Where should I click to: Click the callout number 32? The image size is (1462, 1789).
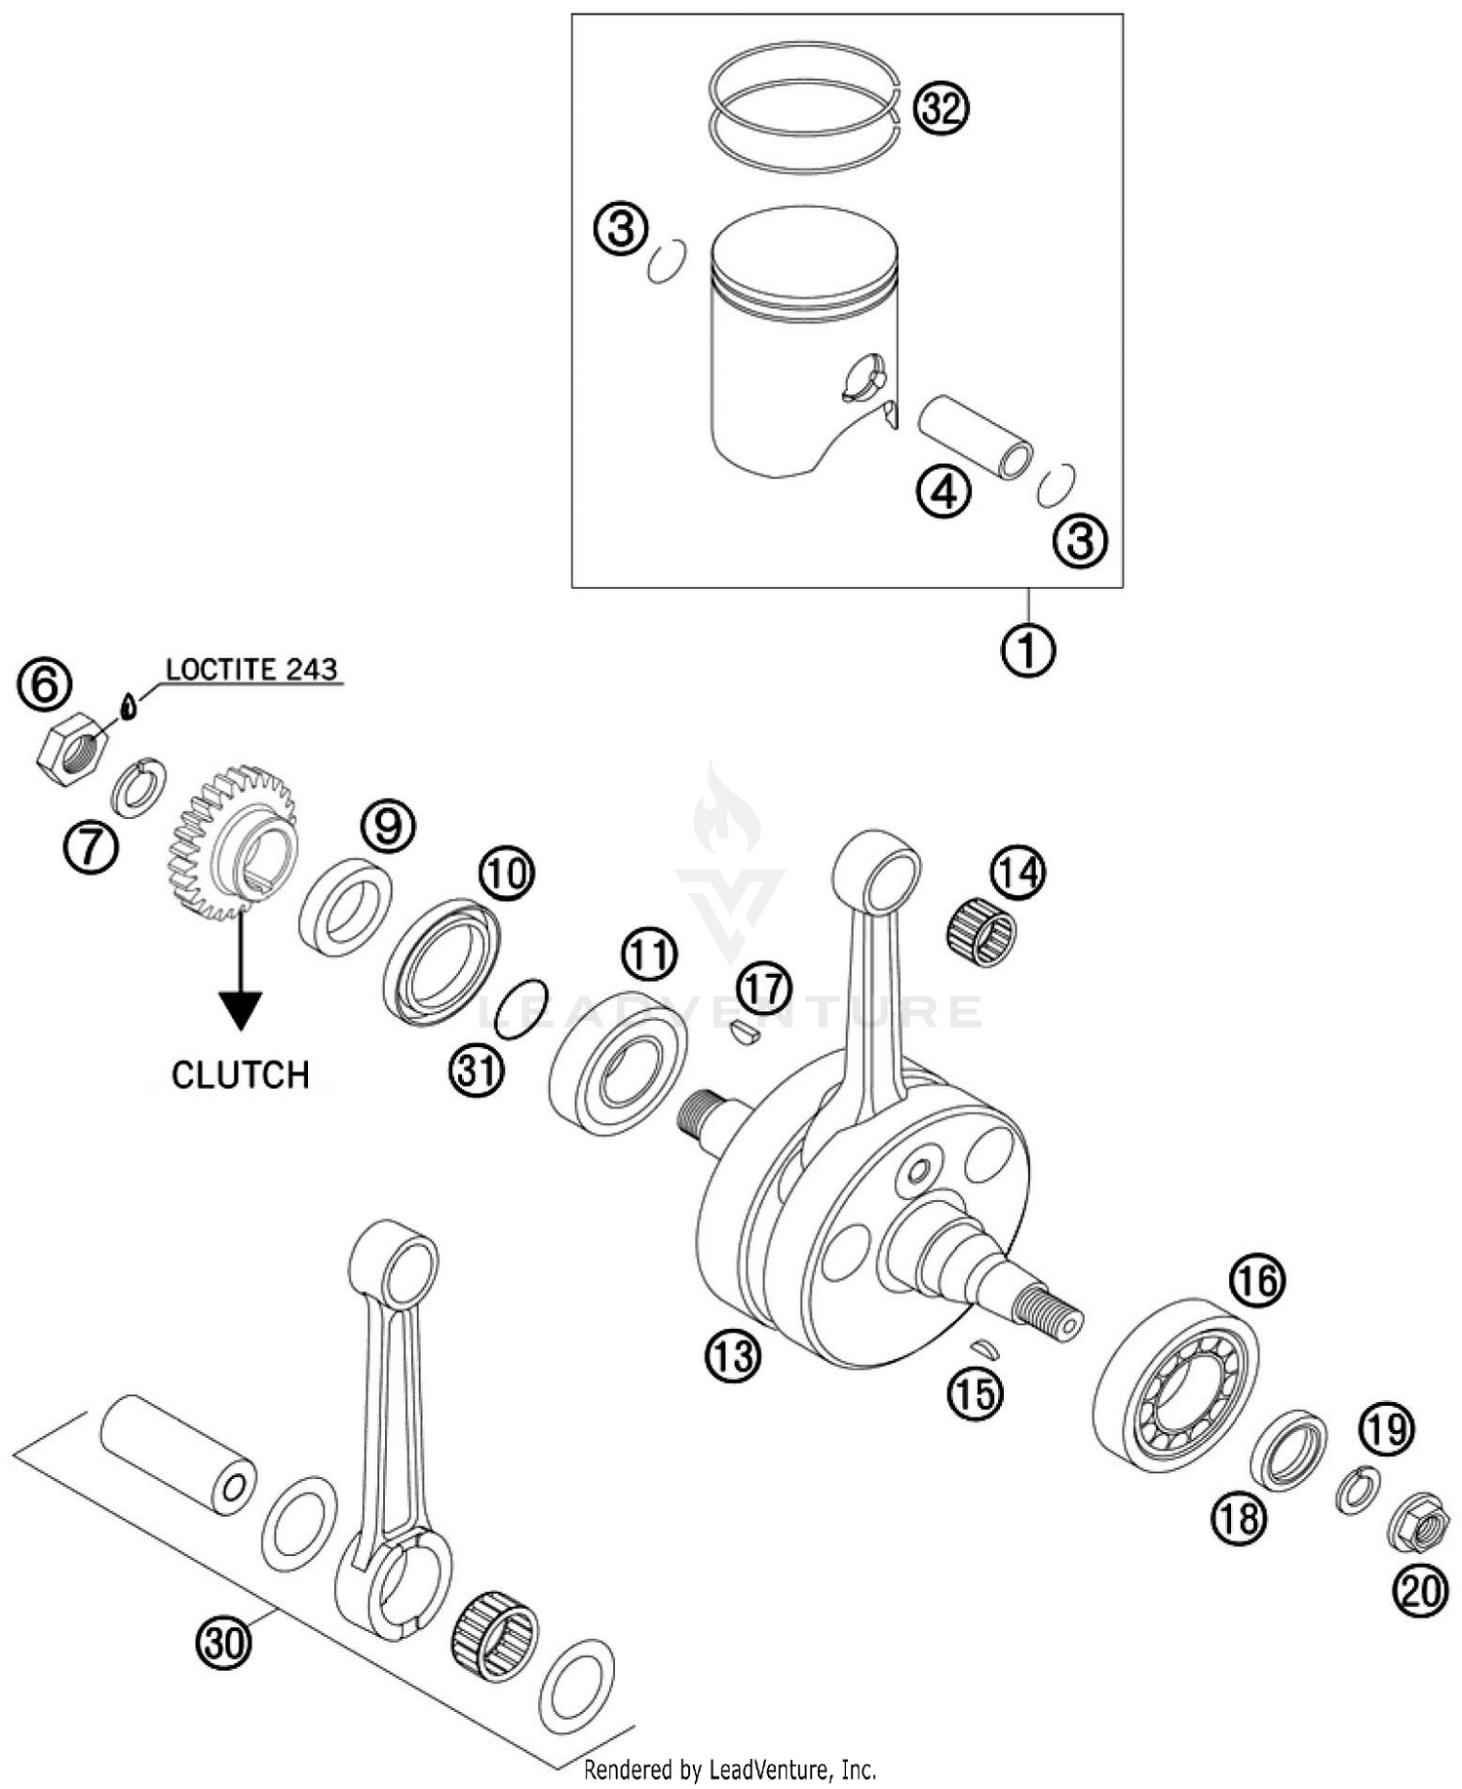941,108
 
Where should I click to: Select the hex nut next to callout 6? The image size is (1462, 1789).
72,748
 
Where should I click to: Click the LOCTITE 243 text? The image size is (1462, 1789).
251,670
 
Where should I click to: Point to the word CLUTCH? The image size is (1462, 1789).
240,1075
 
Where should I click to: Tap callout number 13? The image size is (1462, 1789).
732,1355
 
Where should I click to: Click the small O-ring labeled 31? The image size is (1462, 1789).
519,1009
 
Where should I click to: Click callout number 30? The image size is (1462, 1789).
223,1644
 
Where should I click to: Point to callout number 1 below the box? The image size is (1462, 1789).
1028,649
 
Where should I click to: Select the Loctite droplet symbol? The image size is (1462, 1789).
128,705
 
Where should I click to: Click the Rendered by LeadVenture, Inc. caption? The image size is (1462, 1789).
730,1769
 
